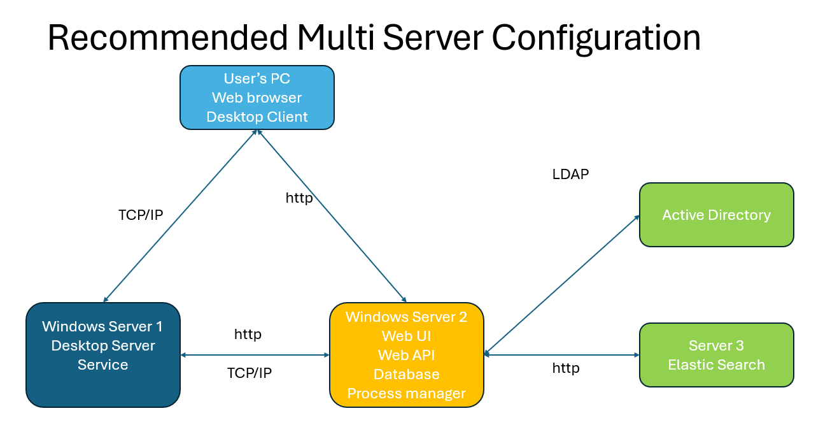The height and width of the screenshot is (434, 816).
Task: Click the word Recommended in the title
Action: click(168, 38)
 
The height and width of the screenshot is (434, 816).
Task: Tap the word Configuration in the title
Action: click(596, 40)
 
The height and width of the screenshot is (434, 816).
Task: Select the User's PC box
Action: click(257, 98)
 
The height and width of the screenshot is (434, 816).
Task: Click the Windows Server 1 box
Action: click(103, 355)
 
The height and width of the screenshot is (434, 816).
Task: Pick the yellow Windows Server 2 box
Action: click(407, 355)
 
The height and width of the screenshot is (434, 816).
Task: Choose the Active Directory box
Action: click(717, 215)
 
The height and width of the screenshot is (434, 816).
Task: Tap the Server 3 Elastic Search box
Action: click(717, 355)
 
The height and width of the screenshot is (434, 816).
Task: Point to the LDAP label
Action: click(570, 175)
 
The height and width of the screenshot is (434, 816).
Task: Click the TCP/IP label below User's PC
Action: click(141, 215)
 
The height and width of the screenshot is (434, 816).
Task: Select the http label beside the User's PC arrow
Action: click(299, 198)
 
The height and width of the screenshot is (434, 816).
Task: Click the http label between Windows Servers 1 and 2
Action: click(248, 335)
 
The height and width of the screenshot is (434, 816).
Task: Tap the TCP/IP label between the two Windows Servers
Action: click(249, 373)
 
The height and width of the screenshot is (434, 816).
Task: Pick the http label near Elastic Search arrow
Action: click(566, 368)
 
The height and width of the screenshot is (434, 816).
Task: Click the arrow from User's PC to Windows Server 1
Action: click(180, 216)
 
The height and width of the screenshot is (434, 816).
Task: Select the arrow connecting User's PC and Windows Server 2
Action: click(332, 216)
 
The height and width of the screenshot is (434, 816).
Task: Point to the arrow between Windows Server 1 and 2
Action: click(255, 355)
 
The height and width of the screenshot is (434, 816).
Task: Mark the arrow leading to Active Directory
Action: click(562, 285)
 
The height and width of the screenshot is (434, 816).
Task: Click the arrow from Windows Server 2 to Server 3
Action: click(562, 355)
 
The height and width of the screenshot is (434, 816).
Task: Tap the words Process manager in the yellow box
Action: click(407, 393)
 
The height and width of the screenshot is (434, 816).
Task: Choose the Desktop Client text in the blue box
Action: click(257, 117)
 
